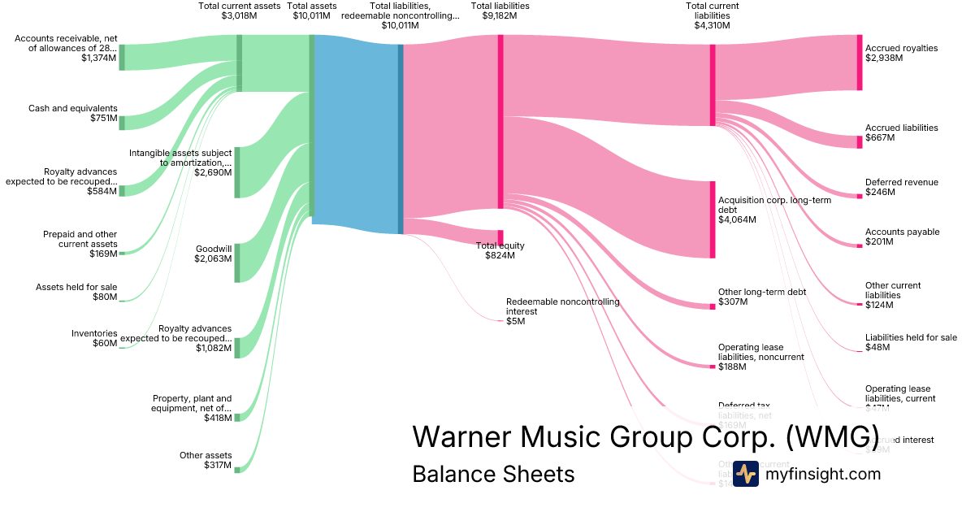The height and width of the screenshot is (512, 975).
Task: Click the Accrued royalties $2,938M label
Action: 901,53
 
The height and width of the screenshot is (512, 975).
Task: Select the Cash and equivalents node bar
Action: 122,123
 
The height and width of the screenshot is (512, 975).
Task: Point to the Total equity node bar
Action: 500,237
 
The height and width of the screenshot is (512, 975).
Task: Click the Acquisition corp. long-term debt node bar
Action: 713,219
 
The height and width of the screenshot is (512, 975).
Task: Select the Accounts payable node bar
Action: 859,245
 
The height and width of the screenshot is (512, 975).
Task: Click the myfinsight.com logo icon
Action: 746,473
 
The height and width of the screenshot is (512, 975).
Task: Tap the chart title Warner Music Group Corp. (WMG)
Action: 646,436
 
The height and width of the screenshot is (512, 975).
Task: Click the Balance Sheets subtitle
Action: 493,474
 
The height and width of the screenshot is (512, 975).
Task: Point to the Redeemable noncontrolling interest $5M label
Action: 562,311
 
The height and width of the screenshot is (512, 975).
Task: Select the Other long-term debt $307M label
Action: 756,297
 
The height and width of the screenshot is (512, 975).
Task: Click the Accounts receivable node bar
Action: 122,58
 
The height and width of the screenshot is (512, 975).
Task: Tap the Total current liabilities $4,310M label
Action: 712,15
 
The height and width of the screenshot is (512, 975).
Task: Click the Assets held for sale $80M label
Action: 76,292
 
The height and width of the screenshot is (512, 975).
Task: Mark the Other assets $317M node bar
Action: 237,469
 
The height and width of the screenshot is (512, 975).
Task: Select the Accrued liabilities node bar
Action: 859,142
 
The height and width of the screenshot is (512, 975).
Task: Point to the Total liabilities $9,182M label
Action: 500,11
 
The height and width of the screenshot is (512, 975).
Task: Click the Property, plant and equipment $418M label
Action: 193,408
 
